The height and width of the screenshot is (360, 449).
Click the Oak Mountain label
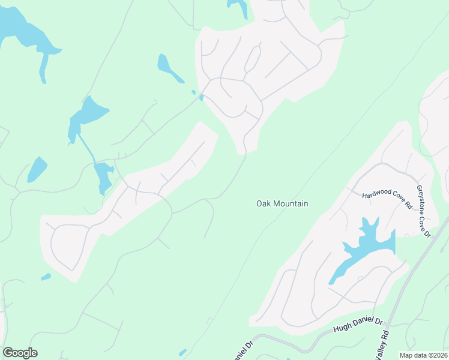(282, 204)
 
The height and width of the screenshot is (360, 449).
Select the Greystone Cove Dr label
(424, 211)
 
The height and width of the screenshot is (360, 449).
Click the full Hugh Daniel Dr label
(358, 325)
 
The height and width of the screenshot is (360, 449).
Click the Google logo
(20, 353)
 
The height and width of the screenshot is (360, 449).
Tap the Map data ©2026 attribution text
(423, 355)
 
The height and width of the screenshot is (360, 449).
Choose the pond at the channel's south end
(103, 176)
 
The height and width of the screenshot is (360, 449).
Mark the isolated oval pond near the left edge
(37, 169)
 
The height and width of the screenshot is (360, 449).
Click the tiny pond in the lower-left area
(46, 277)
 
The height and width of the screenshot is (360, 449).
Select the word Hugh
(342, 328)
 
